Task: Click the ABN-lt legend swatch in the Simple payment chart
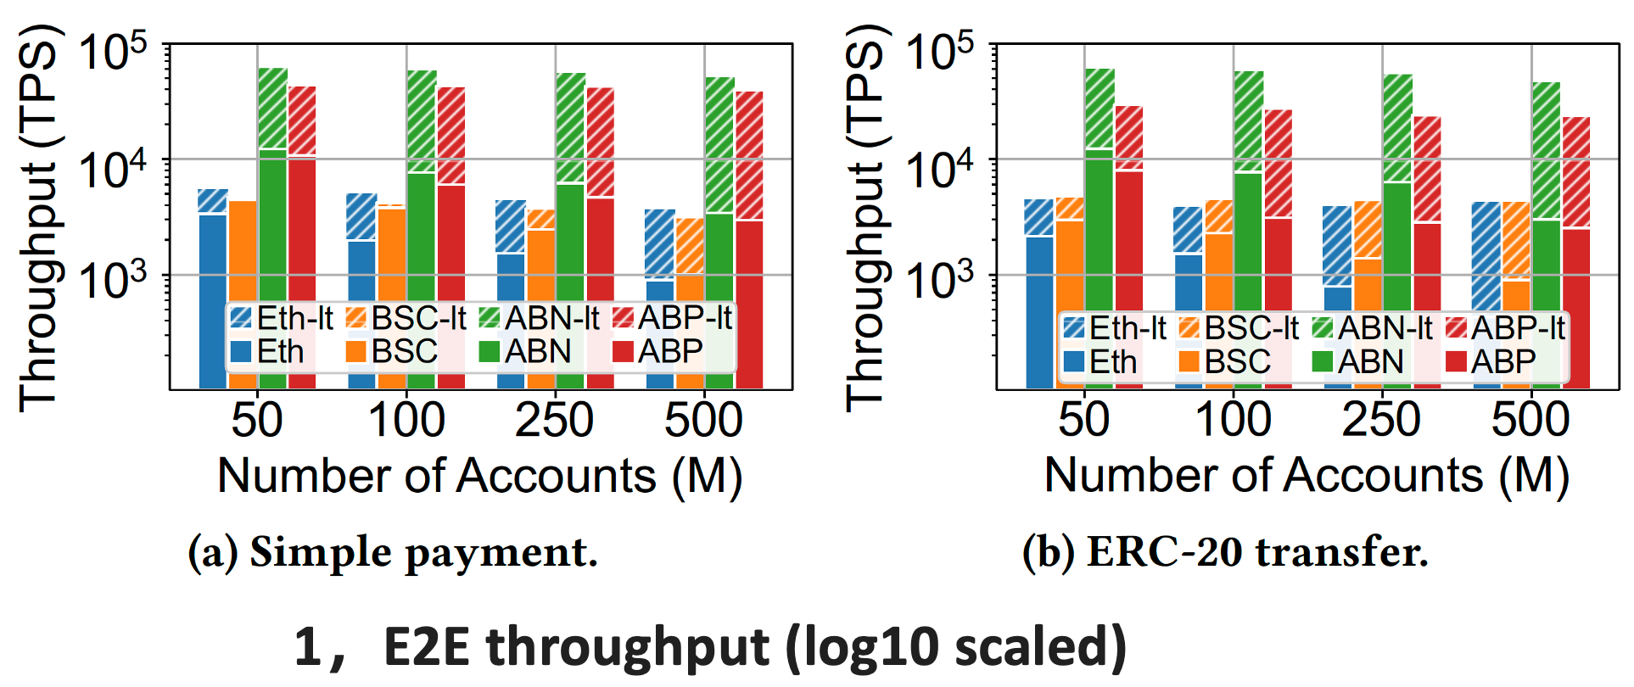[x=489, y=318]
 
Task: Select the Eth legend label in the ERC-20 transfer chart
[x=1112, y=362]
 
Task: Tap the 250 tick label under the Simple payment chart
[x=554, y=420]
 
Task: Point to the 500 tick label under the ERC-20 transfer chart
[x=1530, y=420]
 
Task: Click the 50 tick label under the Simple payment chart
[x=256, y=420]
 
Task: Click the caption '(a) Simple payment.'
[x=393, y=552]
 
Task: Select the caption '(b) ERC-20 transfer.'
[x=1225, y=552]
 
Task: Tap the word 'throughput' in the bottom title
[x=628, y=648]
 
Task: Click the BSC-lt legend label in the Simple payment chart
[x=419, y=318]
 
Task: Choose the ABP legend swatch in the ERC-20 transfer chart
[x=1456, y=362]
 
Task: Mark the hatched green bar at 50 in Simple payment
[x=272, y=108]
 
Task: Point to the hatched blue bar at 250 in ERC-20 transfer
[x=1337, y=246]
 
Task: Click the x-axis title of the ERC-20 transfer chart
[x=1307, y=476]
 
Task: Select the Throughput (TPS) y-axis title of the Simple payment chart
[x=38, y=219]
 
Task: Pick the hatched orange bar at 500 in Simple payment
[x=690, y=246]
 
